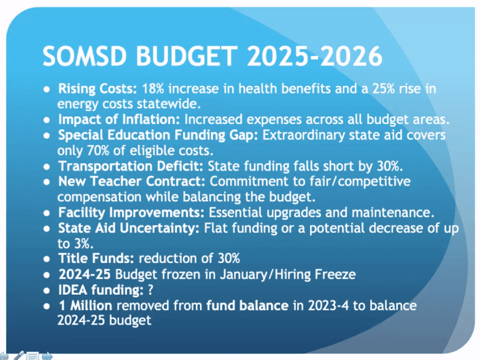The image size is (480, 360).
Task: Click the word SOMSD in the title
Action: coord(85,56)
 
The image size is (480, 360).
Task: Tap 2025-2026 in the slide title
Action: coord(314,56)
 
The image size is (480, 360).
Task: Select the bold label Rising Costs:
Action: coord(98,89)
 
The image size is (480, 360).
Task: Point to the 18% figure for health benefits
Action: coord(153,89)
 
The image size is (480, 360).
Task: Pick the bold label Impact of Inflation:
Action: coord(119,120)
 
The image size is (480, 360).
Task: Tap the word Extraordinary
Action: coord(303,135)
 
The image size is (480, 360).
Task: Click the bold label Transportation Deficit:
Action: coord(131,166)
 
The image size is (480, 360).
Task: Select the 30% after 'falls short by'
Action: coord(390,166)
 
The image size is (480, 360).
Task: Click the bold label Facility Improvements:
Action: coord(131,212)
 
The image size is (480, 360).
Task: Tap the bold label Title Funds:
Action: coord(96,258)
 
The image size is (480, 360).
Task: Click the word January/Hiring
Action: coord(265,275)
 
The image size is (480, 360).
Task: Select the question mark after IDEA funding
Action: coord(150,290)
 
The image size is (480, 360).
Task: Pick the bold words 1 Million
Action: coord(85,306)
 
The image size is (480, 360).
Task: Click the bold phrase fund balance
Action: coord(247,306)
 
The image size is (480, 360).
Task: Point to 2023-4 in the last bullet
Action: coord(328,306)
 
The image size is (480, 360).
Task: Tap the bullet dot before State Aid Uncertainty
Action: coord(47,229)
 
